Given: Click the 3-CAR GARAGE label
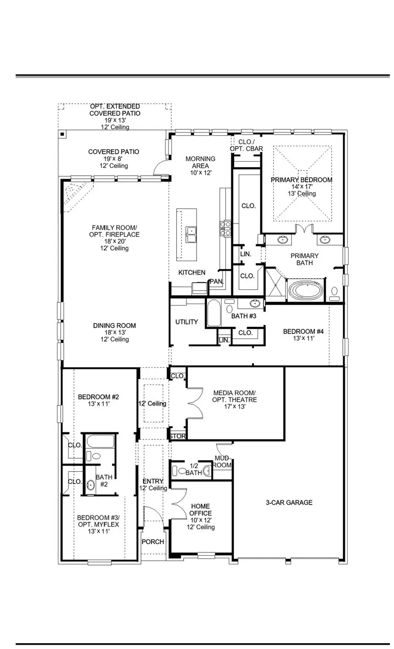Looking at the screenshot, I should pyautogui.click(x=289, y=503).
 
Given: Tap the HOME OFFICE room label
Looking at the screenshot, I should pyautogui.click(x=200, y=513).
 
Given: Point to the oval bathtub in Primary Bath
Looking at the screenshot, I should pyautogui.click(x=307, y=291).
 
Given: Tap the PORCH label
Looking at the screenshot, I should pyautogui.click(x=153, y=542).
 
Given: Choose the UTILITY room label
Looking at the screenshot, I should pyautogui.click(x=186, y=322).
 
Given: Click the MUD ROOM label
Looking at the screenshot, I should pyautogui.click(x=223, y=462).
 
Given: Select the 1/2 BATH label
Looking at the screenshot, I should pyautogui.click(x=194, y=469).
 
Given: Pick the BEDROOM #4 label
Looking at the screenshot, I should pyautogui.click(x=303, y=335).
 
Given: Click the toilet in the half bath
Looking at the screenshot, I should pyautogui.click(x=182, y=470).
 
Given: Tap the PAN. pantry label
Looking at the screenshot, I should pyautogui.click(x=215, y=281).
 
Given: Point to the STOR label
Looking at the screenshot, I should pyautogui.click(x=178, y=437).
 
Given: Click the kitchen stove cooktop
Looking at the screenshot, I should pyautogui.click(x=226, y=228).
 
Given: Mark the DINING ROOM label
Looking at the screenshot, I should pyautogui.click(x=114, y=332).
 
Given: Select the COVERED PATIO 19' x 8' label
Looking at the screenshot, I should pyautogui.click(x=113, y=159).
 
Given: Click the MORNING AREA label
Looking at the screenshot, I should pyautogui.click(x=200, y=166).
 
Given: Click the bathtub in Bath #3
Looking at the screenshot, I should pyautogui.click(x=213, y=313).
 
